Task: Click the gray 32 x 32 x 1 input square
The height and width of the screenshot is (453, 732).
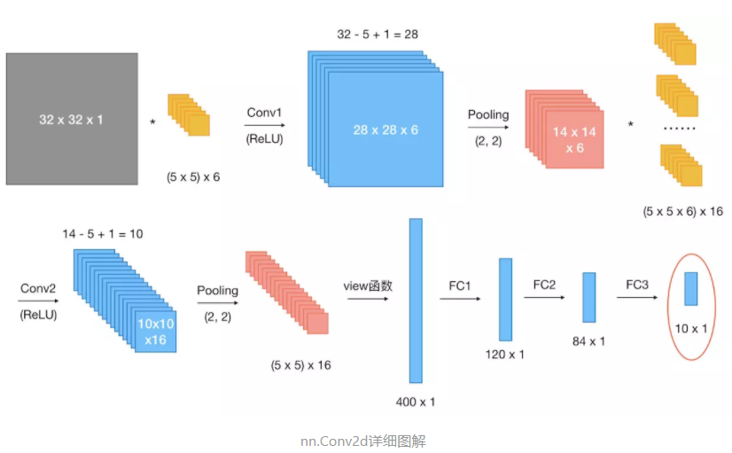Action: coord(72,119)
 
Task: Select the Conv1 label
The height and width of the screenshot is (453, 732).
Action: coord(264,113)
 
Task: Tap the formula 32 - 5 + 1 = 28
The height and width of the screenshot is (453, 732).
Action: coord(377,35)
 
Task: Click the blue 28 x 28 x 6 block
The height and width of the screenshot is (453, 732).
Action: coord(385,130)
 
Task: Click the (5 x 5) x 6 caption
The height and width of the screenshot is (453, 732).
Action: coord(193,177)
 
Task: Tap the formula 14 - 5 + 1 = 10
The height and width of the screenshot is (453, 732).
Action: coord(103,234)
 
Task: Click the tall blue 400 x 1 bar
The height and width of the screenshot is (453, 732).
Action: coord(416,301)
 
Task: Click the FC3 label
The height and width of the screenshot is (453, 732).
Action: coord(637,285)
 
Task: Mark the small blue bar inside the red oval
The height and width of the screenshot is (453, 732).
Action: coord(690,289)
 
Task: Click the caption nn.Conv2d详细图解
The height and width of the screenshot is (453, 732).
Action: coord(365,440)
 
